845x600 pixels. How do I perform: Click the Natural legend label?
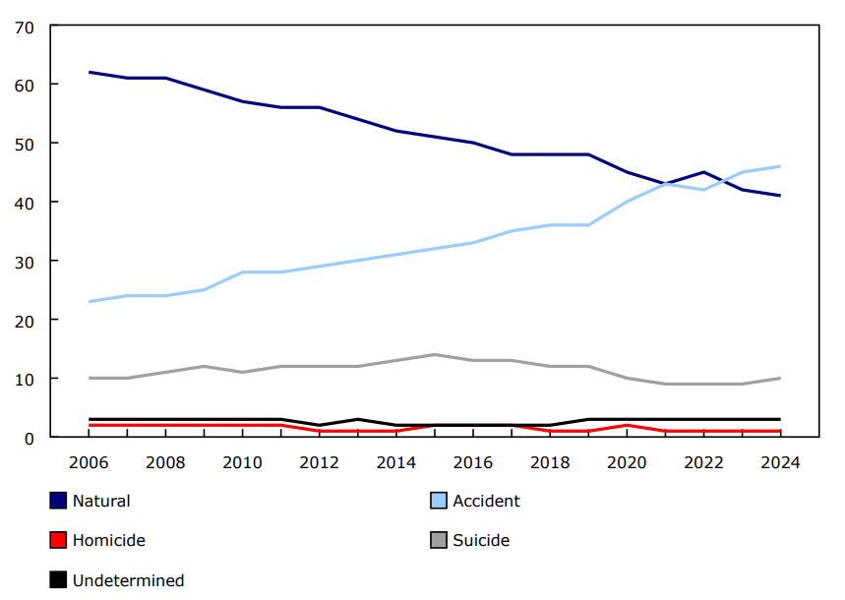click(101, 501)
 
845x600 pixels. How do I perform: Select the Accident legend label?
click(486, 501)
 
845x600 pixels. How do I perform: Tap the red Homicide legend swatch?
click(58, 540)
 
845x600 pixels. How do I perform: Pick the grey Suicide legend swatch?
click(439, 540)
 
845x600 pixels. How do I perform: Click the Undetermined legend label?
click(128, 580)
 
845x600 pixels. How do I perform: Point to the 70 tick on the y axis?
click(25, 27)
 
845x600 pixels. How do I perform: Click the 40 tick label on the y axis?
click(25, 203)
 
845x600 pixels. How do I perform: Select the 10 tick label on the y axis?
click(25, 379)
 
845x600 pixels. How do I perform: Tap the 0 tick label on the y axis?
click(30, 438)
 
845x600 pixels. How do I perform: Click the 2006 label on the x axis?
click(89, 461)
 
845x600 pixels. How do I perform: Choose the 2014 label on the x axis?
click(395, 461)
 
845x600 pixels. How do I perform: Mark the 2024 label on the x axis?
click(780, 461)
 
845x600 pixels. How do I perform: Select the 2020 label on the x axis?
click(627, 461)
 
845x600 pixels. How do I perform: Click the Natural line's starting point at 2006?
click(89, 72)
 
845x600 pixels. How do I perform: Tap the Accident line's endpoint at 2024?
click(780, 166)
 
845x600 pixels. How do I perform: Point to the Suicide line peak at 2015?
click(434, 354)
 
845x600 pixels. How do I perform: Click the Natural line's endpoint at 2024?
click(780, 196)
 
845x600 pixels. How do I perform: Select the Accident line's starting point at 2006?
click(89, 301)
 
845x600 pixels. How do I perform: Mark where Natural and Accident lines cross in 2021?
click(665, 184)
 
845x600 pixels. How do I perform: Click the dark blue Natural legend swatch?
click(58, 501)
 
